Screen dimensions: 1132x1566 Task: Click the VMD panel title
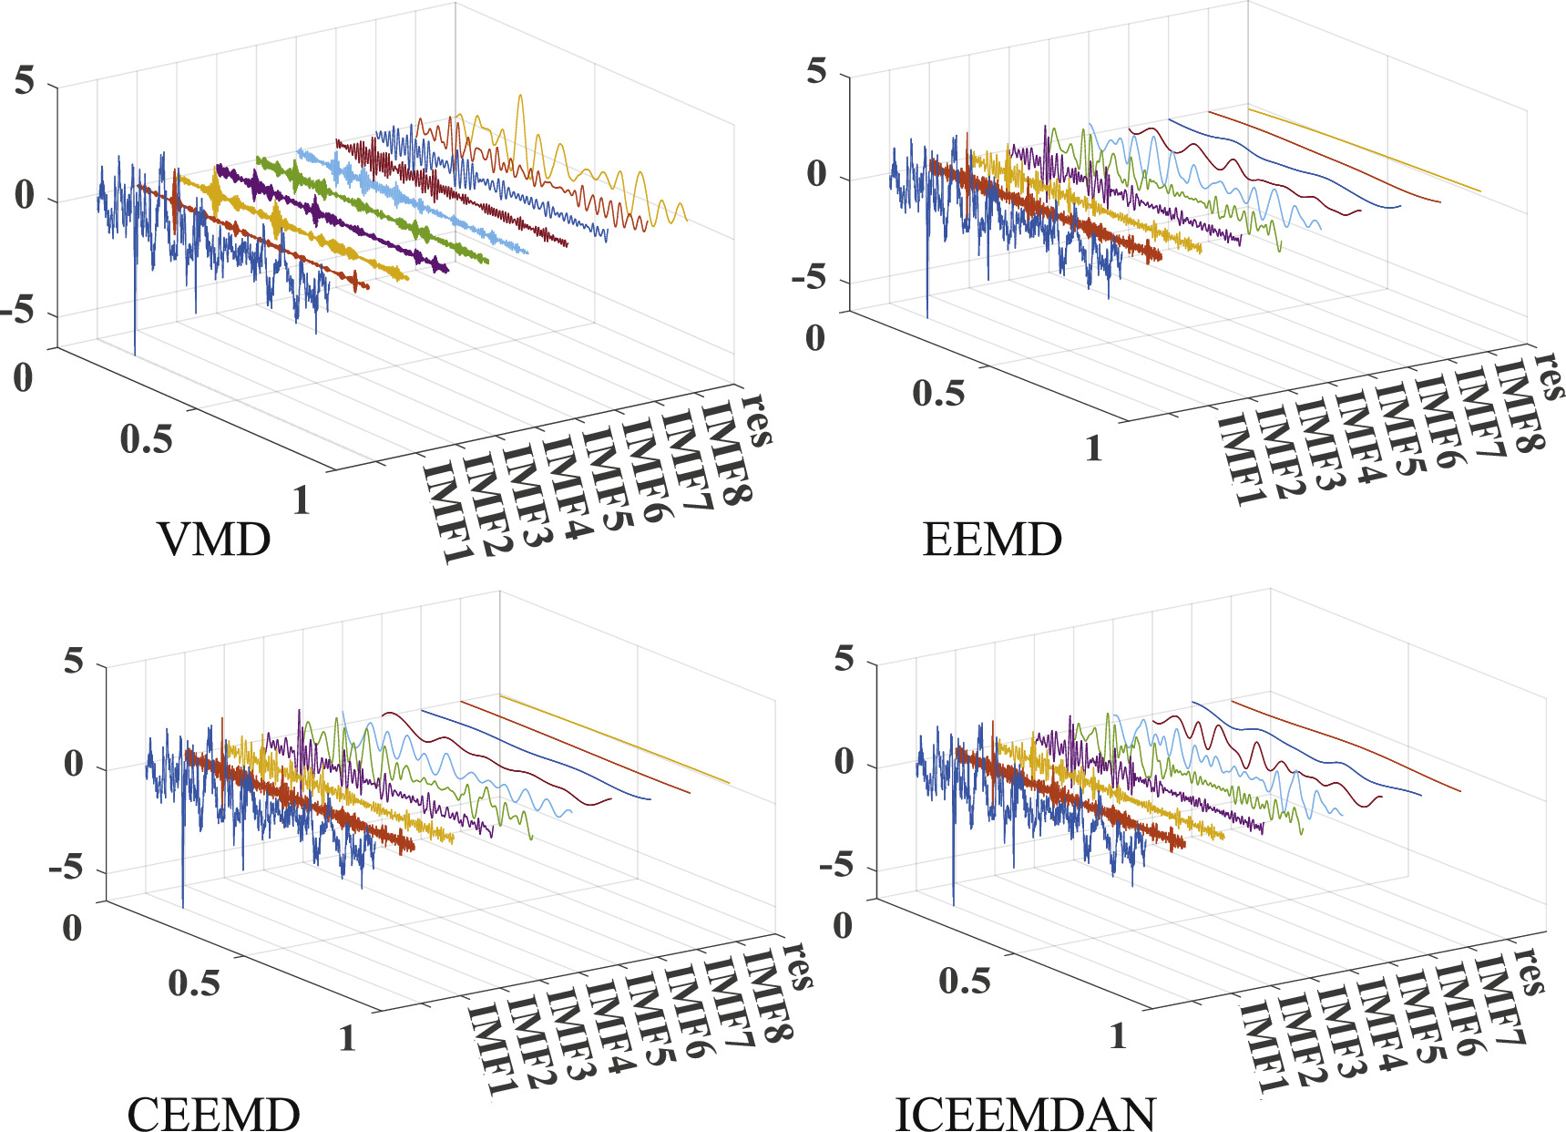[214, 540]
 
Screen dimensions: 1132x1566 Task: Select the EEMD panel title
[992, 540]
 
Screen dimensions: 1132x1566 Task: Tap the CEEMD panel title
[213, 1113]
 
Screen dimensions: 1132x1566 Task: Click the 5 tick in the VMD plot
[25, 82]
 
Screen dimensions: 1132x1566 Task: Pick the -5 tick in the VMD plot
[20, 312]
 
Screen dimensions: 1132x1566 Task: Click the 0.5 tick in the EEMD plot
[937, 393]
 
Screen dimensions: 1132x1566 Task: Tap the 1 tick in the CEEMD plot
[347, 1038]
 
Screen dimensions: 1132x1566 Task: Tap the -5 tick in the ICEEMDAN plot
[836, 866]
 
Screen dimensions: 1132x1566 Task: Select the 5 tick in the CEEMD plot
[74, 661]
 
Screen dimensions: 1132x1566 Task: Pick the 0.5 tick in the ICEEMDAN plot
[964, 981]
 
